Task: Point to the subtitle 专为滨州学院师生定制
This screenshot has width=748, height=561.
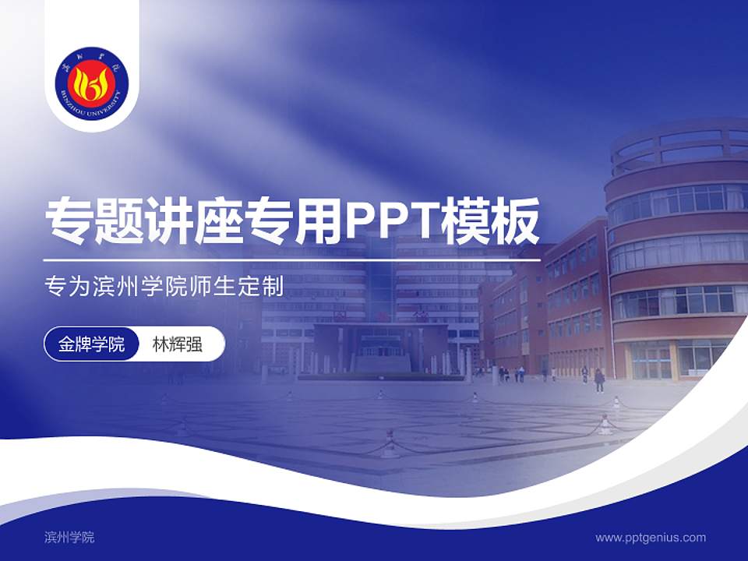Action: pos(164,287)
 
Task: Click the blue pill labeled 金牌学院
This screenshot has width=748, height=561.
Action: pos(92,344)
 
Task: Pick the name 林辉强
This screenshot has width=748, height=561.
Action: pos(178,344)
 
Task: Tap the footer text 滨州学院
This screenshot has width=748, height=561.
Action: pos(69,537)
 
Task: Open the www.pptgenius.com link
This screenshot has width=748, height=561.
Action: pos(651,537)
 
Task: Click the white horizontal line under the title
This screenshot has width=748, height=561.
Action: pos(292,260)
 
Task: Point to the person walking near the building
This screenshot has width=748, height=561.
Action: pos(599,379)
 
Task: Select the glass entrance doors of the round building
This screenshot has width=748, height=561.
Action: pos(651,360)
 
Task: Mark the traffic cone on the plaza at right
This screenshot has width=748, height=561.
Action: pos(605,425)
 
